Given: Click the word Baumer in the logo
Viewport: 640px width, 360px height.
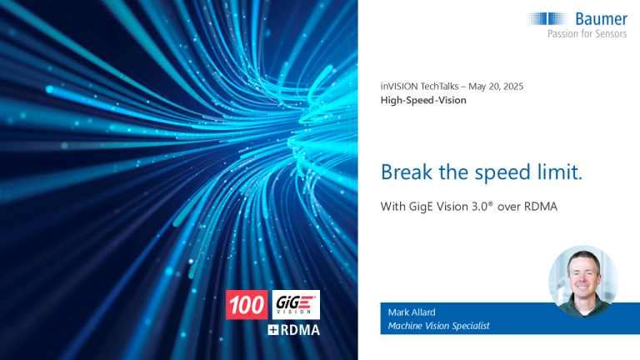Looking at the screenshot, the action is click(x=601, y=19).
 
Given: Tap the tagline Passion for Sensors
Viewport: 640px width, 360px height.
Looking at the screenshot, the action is click(x=587, y=33).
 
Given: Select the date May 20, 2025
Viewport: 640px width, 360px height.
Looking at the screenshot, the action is click(x=496, y=87).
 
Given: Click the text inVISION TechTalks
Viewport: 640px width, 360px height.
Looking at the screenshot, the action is click(x=420, y=87).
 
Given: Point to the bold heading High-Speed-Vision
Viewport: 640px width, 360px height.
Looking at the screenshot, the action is click(x=423, y=100).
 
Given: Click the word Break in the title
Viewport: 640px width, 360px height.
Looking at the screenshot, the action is click(x=407, y=172).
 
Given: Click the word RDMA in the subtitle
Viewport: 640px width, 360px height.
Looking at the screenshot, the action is click(x=540, y=207).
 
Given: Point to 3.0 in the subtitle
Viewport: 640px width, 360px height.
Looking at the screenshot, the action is click(x=480, y=207).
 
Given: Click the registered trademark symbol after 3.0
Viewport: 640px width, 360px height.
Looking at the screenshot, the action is click(x=490, y=203).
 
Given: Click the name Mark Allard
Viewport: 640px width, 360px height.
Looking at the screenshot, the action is click(x=412, y=312).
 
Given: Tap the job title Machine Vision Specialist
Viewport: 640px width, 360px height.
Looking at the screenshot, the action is click(x=438, y=326).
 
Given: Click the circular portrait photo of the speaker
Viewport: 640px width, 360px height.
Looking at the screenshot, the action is click(x=583, y=281).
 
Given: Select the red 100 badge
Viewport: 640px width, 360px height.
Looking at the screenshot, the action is click(x=247, y=304).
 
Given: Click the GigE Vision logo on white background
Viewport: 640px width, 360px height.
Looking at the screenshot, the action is click(x=296, y=304).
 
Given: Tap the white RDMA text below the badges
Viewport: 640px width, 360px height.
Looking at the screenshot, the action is click(x=300, y=330).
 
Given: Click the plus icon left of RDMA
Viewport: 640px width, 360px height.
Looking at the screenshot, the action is click(x=273, y=330).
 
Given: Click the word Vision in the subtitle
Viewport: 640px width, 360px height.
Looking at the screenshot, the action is click(x=452, y=207).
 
